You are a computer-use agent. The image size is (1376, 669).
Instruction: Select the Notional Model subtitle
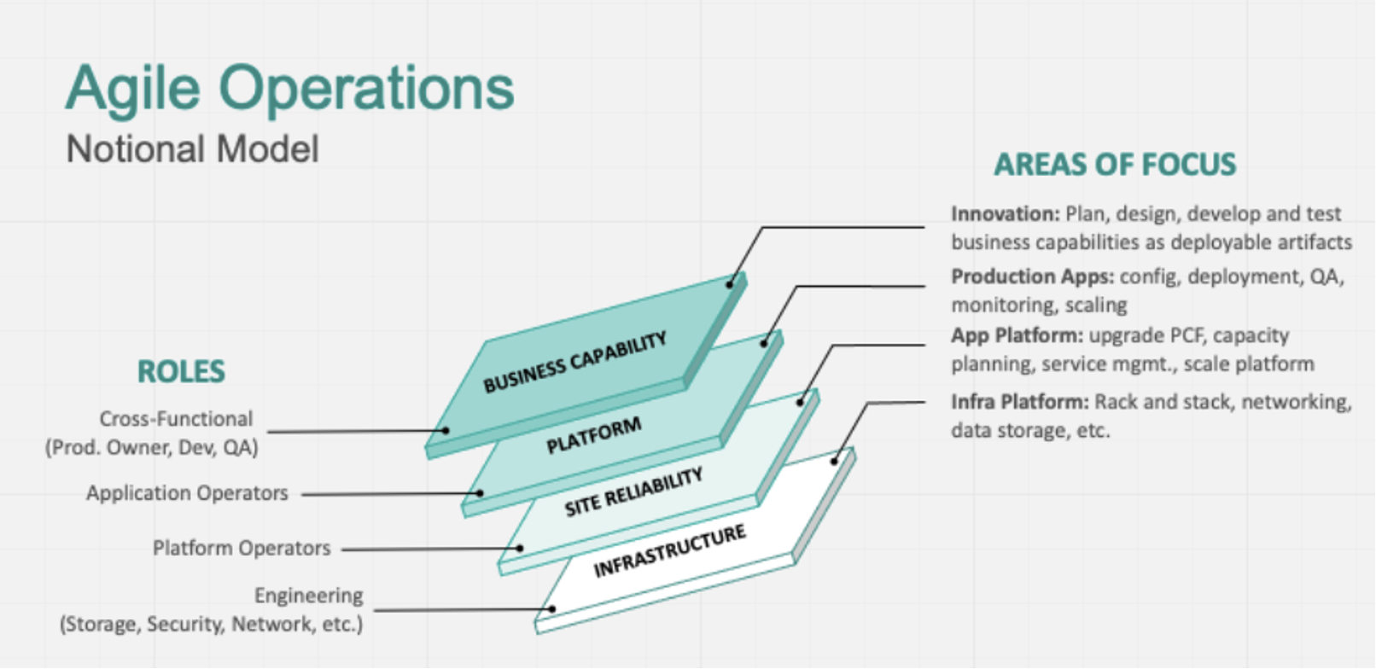[192, 148]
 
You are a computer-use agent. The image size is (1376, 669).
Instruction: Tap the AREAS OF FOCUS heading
[1115, 165]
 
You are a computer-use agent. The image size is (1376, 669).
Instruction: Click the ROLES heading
[181, 371]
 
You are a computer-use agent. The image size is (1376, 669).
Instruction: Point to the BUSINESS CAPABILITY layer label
[575, 362]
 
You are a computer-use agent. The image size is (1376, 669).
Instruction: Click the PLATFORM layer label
[594, 435]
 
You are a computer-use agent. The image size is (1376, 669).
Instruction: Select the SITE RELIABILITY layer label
[633, 492]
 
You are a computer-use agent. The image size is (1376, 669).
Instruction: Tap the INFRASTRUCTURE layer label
[669, 550]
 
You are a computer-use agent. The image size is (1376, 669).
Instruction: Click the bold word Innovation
[1006, 214]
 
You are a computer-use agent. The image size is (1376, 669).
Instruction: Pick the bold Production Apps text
[1033, 276]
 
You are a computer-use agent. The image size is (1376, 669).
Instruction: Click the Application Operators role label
[187, 492]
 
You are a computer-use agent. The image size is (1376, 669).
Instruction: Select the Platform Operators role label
[242, 547]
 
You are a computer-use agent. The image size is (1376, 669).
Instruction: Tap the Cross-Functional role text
[177, 418]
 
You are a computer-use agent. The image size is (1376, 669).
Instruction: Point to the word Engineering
[309, 596]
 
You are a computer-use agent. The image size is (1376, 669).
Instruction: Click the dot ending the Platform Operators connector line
[521, 548]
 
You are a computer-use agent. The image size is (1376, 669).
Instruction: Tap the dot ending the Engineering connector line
[552, 608]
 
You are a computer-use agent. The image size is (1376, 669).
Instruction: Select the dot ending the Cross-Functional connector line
[446, 431]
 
